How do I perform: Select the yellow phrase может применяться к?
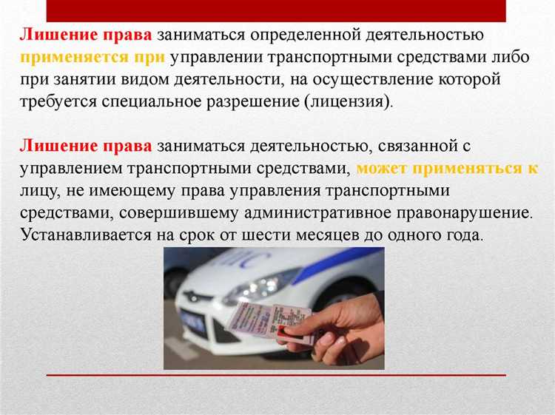tap(447, 168)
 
